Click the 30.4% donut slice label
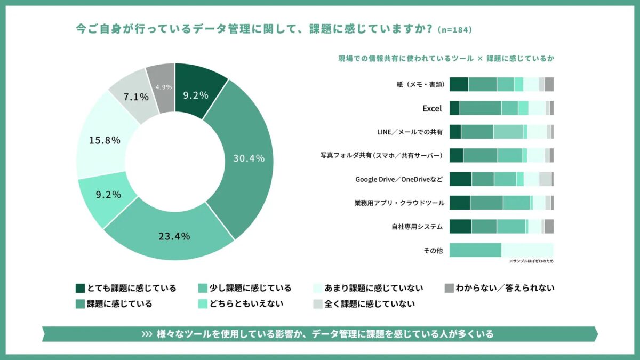(249, 158)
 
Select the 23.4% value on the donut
(174, 236)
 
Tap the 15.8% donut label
(105, 140)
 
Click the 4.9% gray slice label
(163, 87)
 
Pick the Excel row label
(432, 108)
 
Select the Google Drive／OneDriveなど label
(399, 179)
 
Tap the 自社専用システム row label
(417, 226)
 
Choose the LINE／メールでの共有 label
(410, 132)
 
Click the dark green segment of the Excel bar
(454, 108)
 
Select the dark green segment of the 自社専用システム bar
(460, 226)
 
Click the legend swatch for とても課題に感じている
(81, 288)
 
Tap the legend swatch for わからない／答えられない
(449, 288)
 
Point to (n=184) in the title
(454, 30)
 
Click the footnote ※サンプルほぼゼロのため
(531, 261)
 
